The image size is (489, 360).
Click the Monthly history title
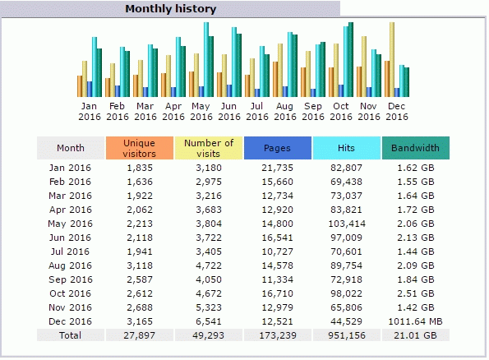point(171,9)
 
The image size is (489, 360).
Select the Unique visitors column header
point(140,148)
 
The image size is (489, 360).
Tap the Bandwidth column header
point(415,148)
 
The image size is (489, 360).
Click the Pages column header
point(278,148)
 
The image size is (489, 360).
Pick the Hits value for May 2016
point(347,224)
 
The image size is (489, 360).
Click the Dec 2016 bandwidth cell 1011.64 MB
point(415,321)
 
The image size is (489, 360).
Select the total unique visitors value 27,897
point(139,335)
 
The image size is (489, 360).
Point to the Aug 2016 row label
point(70,265)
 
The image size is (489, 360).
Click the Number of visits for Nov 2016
point(209,307)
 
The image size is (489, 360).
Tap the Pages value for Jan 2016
point(278,168)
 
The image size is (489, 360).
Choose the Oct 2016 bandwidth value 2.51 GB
point(415,293)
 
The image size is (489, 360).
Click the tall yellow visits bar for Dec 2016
point(392,59)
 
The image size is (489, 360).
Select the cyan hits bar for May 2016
point(206,59)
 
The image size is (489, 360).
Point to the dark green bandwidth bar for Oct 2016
point(351,59)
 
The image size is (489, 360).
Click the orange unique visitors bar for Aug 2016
point(275,79)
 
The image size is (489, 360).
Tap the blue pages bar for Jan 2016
point(90,90)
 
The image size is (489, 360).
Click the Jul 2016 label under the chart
point(257,111)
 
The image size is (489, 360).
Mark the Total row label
point(70,335)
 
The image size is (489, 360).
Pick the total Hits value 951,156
point(347,335)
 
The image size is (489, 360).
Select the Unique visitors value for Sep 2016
point(140,279)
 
